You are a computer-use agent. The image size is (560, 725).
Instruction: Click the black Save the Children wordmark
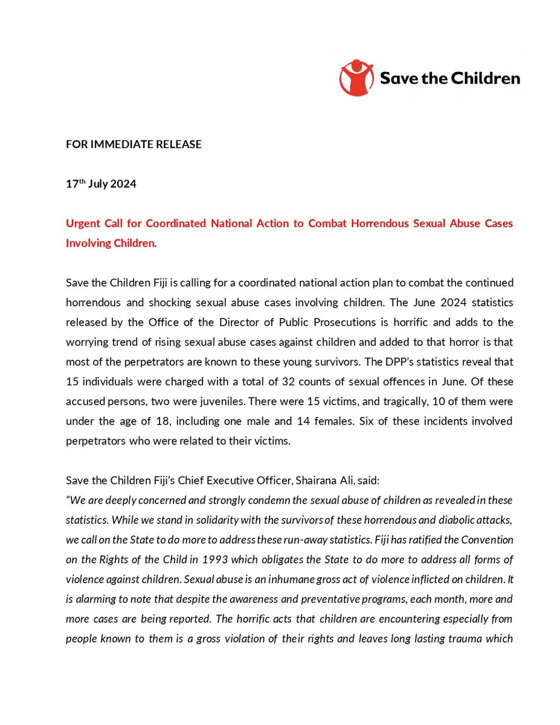[x=449, y=78]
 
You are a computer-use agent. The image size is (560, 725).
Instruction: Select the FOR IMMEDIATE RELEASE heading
[x=134, y=144]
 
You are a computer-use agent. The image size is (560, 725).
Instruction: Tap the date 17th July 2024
[x=101, y=184]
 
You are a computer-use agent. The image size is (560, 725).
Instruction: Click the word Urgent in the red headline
[x=83, y=224]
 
